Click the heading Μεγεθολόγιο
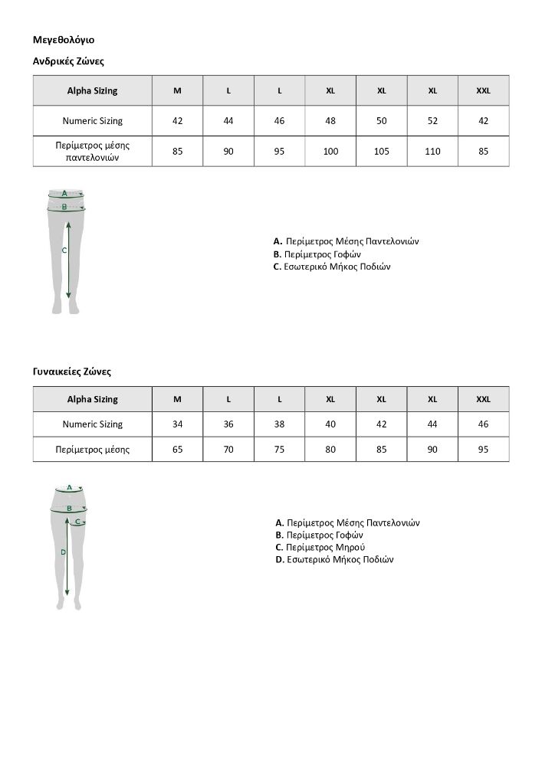coord(64,39)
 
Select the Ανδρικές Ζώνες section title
coord(68,60)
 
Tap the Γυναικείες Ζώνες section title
coord(72,372)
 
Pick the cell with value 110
coord(432,152)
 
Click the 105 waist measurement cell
coord(382,152)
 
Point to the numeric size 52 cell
coord(432,121)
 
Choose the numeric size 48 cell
coord(330,121)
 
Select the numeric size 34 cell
coord(178,424)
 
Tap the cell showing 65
coord(178,450)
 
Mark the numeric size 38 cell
coord(280,424)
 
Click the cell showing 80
coord(330,450)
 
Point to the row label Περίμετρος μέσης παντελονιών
coord(93,151)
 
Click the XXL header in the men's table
coord(483,90)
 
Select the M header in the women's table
coord(178,399)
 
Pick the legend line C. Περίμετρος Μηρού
coord(320,548)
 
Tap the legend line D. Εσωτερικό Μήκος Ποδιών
coord(334,560)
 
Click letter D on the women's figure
coord(63,552)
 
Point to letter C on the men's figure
coord(64,250)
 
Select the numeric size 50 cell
coord(382,121)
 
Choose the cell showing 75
coord(280,450)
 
